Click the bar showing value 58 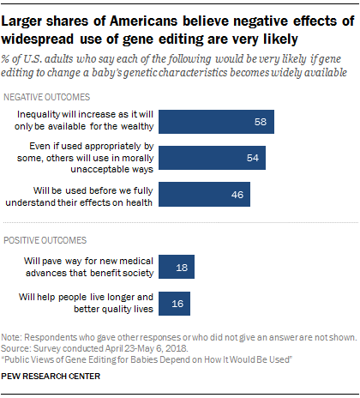click(217, 121)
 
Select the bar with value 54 click(213, 158)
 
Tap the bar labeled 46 click(204, 195)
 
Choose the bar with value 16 click(174, 303)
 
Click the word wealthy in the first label click(135, 127)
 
